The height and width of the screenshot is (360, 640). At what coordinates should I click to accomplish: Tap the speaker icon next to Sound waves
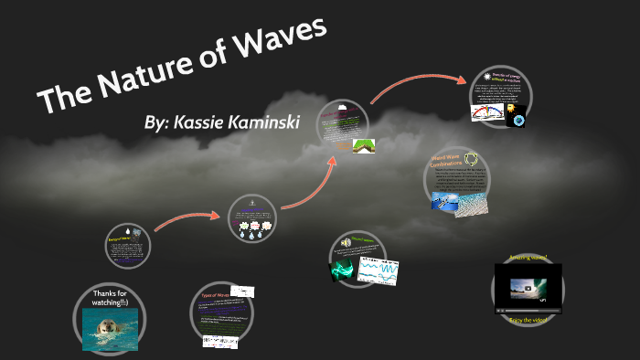click(x=347, y=245)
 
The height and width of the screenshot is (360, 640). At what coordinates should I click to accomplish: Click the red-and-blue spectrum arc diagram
click(x=490, y=112)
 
